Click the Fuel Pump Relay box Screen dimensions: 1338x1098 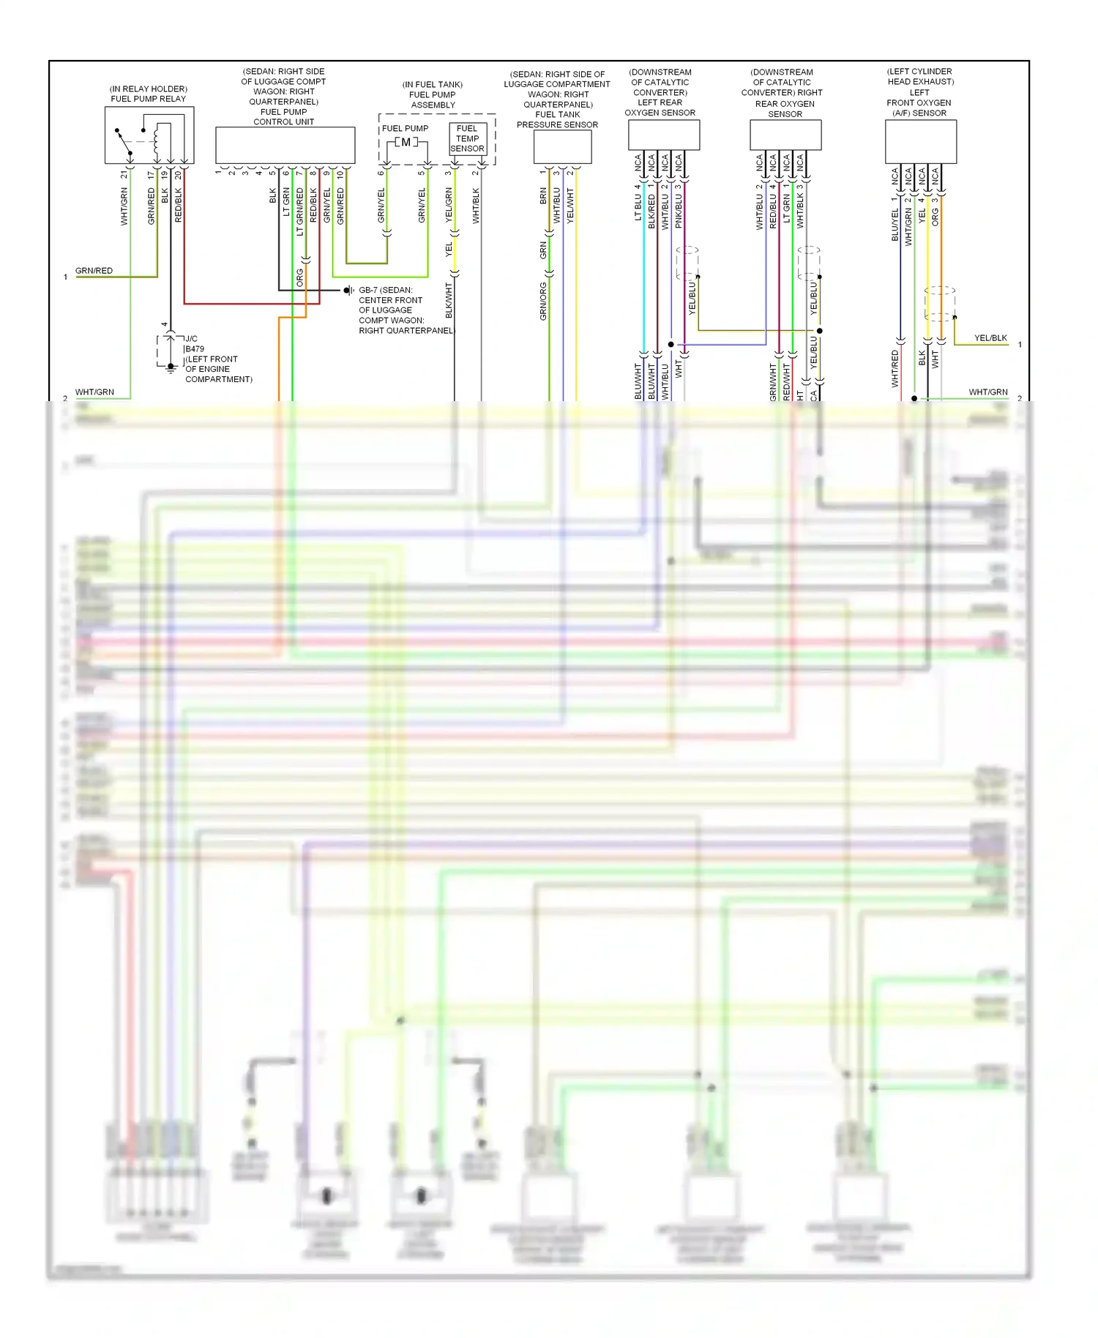(149, 135)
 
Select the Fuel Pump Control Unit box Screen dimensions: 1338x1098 (285, 145)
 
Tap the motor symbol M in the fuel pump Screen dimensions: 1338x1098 (406, 142)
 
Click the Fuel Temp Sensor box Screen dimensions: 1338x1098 (467, 138)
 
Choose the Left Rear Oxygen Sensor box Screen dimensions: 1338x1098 (663, 135)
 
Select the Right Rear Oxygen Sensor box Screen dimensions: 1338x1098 (785, 135)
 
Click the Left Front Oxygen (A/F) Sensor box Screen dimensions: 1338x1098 (920, 141)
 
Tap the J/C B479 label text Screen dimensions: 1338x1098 (194, 344)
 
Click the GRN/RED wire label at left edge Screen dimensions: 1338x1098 (94, 271)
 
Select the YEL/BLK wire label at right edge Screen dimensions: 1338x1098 (990, 338)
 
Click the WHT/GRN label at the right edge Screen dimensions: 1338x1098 (987, 392)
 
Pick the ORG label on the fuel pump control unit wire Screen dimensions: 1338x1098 (299, 277)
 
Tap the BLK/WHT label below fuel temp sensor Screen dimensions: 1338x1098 (449, 300)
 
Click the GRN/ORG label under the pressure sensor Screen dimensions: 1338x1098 (543, 301)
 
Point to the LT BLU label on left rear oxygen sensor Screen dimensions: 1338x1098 (638, 202)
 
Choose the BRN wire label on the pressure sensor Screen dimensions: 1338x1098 (543, 195)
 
